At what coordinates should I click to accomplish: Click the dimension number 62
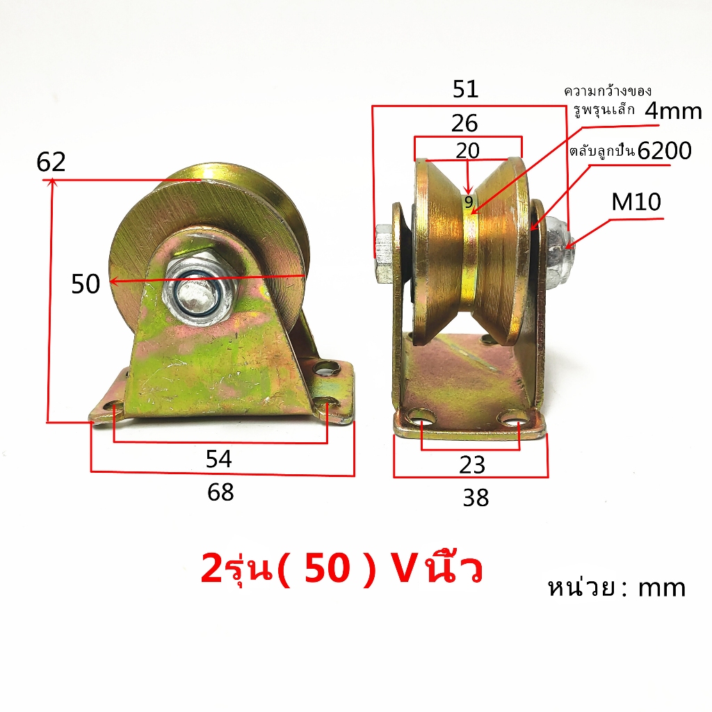click(x=51, y=162)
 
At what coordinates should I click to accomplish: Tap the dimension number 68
click(x=220, y=492)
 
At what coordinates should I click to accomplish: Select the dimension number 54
click(x=219, y=459)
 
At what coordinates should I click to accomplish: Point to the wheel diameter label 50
click(x=86, y=284)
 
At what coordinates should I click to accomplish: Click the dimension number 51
click(x=465, y=89)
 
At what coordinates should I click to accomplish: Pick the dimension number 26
click(x=464, y=124)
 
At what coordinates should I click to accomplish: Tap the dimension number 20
click(x=468, y=150)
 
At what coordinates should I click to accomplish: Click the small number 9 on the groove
click(x=469, y=202)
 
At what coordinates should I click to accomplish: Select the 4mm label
click(x=673, y=111)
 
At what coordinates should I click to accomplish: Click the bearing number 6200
click(x=664, y=151)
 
